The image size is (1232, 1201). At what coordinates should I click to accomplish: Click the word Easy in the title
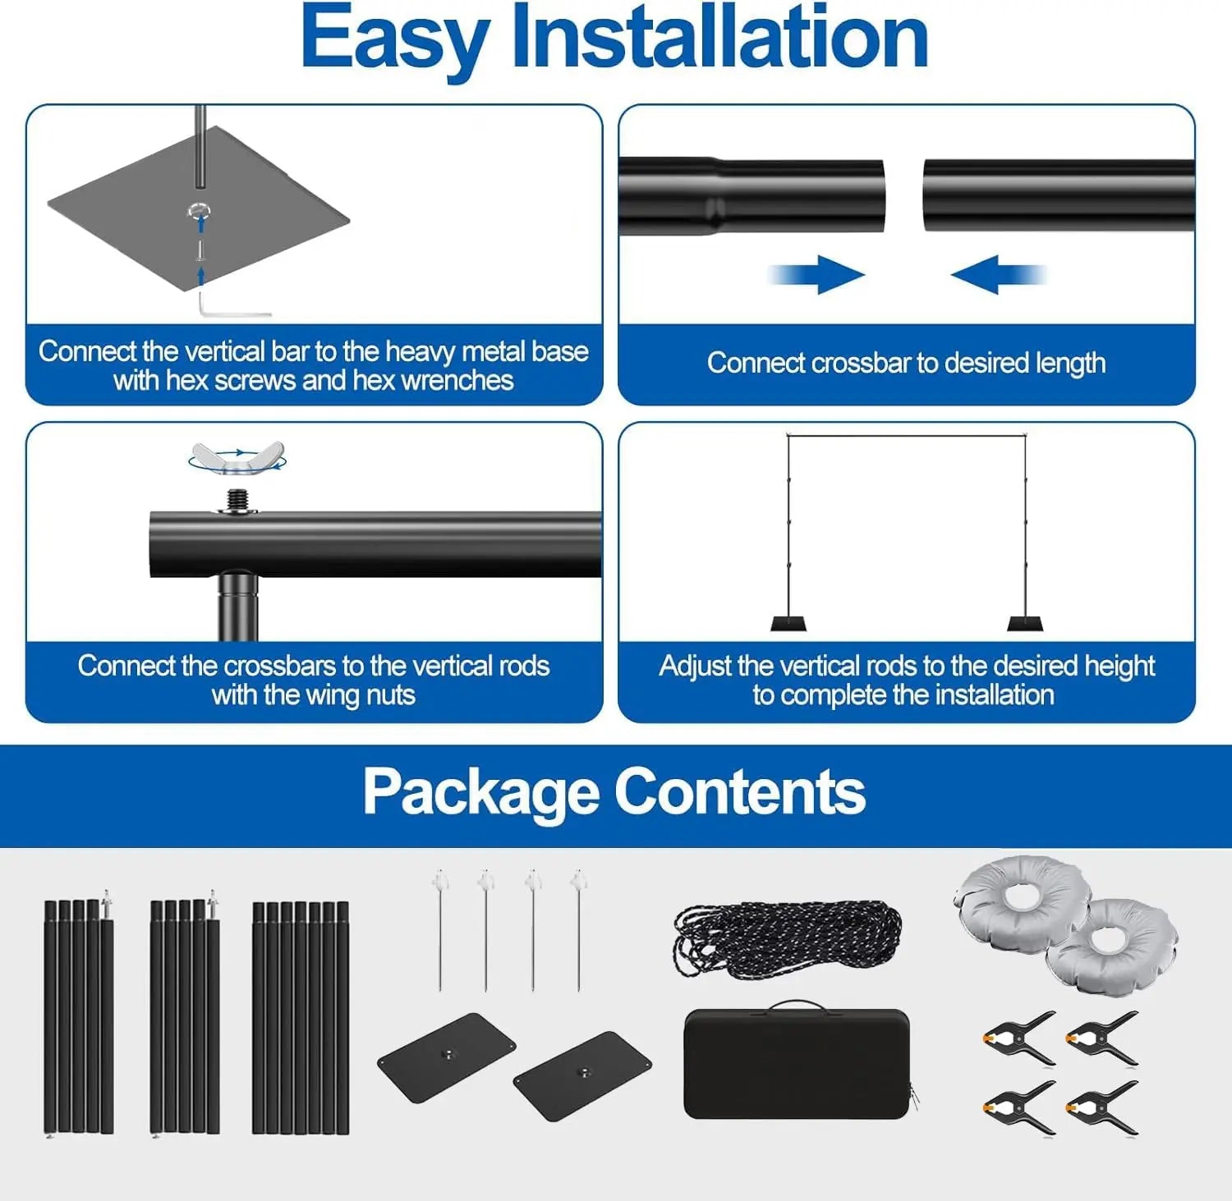pyautogui.click(x=394, y=39)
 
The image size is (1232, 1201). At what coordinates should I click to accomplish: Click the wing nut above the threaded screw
pyautogui.click(x=237, y=457)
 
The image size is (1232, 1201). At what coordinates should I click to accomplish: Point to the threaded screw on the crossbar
pyautogui.click(x=238, y=499)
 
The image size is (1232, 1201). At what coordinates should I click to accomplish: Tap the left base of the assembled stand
pyautogui.click(x=788, y=623)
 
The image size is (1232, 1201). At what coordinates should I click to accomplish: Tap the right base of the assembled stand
pyautogui.click(x=1025, y=623)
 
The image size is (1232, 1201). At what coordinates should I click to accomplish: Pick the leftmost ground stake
pyautogui.click(x=441, y=928)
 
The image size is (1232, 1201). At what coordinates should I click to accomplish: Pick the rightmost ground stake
pyautogui.click(x=579, y=928)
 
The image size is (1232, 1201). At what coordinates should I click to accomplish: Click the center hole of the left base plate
pyautogui.click(x=448, y=1054)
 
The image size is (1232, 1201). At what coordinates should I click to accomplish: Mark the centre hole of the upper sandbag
pyautogui.click(x=1023, y=895)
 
